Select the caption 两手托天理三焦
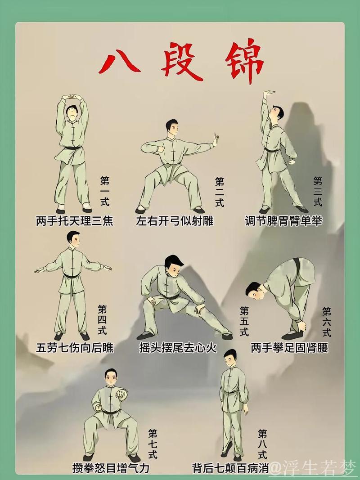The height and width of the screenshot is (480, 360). pyautogui.click(x=74, y=221)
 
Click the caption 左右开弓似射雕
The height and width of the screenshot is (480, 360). pyautogui.click(x=175, y=221)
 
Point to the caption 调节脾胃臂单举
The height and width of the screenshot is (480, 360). pyautogui.click(x=283, y=221)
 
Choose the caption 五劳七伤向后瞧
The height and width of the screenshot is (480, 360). pyautogui.click(x=75, y=348)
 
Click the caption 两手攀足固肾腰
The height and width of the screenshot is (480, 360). pyautogui.click(x=289, y=348)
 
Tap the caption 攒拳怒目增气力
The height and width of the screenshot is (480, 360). pyautogui.click(x=111, y=468)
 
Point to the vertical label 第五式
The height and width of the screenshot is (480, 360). pyautogui.click(x=244, y=321)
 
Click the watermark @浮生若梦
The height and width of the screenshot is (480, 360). pyautogui.click(x=313, y=467)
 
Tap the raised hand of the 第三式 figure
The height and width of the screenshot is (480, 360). pyautogui.click(x=269, y=94)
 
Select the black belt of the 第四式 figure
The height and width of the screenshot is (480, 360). pyautogui.click(x=72, y=276)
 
